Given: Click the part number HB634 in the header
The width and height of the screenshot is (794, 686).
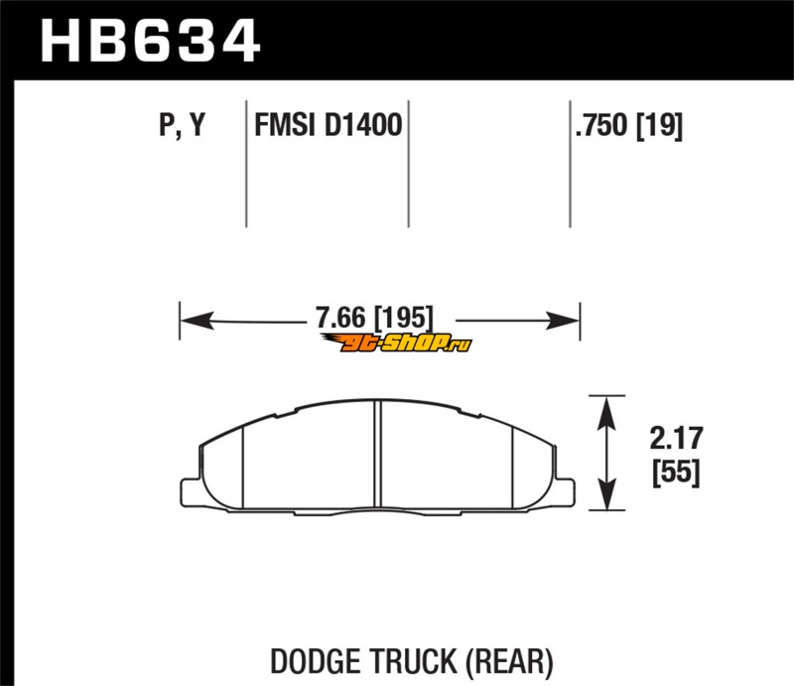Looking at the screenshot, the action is pos(151,41).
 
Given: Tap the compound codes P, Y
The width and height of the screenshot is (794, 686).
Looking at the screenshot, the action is pos(183,125).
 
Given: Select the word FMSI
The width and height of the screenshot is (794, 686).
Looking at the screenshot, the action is pos(285,125).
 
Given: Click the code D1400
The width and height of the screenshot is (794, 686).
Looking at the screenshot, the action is pos(363,125).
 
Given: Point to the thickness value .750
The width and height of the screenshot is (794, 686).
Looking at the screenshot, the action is pos(601,125).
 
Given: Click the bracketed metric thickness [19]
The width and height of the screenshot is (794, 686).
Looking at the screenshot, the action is pos(659,126).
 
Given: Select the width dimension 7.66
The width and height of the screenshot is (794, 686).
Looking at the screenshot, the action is pos(339,318).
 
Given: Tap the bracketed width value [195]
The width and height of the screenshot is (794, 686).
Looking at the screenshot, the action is pos(404,318).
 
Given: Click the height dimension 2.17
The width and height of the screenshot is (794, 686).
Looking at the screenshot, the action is pos(677,438).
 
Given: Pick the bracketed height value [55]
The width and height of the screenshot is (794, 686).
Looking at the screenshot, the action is pos(677,472).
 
